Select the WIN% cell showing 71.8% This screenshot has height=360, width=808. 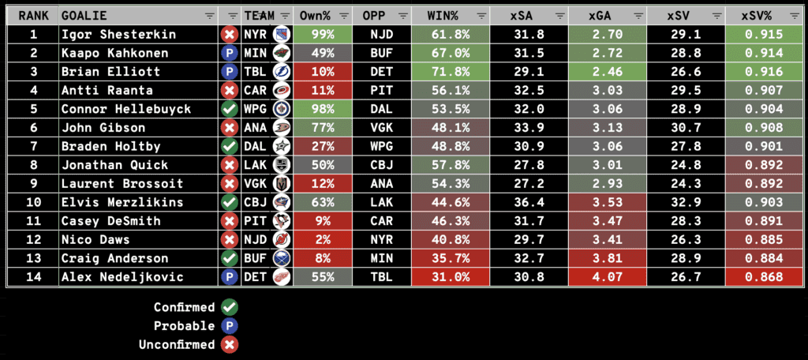click(x=449, y=72)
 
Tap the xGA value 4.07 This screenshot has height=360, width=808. click(x=606, y=277)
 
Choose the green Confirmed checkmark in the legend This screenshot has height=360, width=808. click(x=230, y=307)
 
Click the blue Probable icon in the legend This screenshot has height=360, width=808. click(x=230, y=325)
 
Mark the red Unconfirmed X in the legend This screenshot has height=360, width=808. click(x=230, y=344)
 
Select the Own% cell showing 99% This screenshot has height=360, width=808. click(x=322, y=35)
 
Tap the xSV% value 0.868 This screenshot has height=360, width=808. click(x=762, y=277)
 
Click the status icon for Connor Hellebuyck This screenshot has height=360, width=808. click(x=230, y=109)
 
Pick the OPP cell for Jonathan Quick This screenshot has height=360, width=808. click(x=382, y=165)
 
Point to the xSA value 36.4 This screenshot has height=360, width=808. click(x=528, y=202)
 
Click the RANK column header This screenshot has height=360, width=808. click(x=33, y=16)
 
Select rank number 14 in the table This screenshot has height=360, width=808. click(x=33, y=277)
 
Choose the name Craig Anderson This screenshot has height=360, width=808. click(x=115, y=258)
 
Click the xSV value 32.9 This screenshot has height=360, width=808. click(x=684, y=202)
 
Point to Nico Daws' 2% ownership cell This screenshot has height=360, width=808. click(x=322, y=240)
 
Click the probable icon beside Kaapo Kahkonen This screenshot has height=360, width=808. click(x=230, y=54)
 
